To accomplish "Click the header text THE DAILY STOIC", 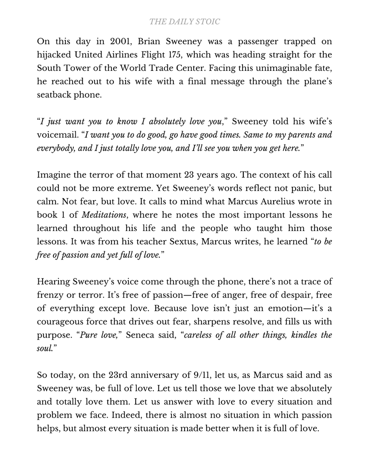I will (x=184, y=22).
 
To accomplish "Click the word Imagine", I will (x=54, y=175).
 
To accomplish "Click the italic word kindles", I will (x=301, y=335).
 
